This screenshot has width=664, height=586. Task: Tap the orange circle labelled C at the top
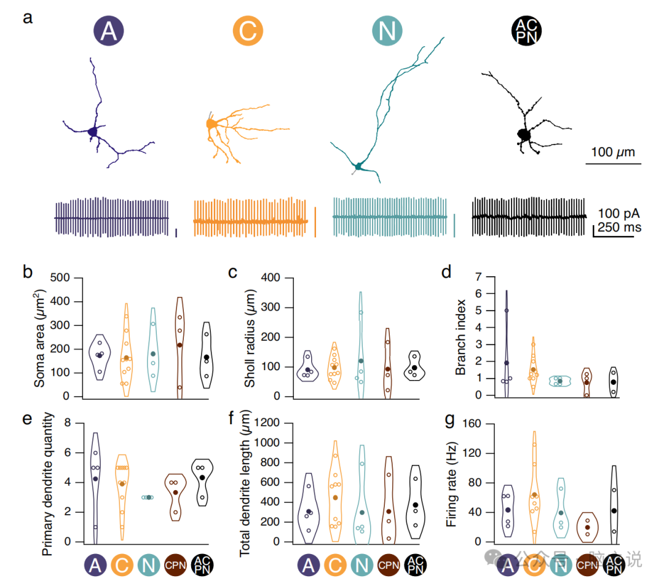(248, 31)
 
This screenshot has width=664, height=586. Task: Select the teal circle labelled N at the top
(387, 31)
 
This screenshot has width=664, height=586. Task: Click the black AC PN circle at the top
(527, 31)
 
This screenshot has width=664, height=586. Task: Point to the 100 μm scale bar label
(613, 151)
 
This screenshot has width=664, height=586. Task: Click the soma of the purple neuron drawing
(93, 131)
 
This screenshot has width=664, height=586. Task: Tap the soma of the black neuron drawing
(524, 134)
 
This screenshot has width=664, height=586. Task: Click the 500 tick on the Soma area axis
(61, 278)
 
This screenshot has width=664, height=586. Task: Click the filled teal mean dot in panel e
(148, 497)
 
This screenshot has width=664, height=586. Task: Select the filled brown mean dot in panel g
(587, 528)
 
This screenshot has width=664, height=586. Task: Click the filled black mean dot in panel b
(207, 357)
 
